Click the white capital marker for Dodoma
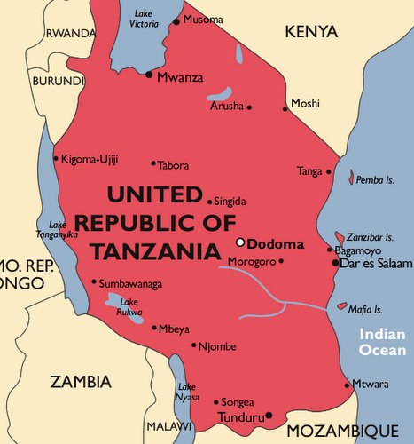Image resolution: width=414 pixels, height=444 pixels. tap(239, 242)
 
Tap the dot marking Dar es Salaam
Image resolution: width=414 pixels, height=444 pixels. tap(335, 263)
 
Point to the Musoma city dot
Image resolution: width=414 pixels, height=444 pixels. tap(176, 21)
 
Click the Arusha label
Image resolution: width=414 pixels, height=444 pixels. tap(226, 107)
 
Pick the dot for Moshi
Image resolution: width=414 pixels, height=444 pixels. tap(285, 109)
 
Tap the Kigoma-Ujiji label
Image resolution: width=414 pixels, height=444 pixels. tap(90, 160)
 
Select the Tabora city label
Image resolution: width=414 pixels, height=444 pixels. tap(173, 165)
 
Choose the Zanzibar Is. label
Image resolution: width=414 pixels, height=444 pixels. tap(371, 238)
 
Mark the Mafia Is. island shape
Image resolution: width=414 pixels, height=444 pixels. tap(342, 306)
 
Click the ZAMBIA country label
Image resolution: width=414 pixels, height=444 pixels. tap(81, 382)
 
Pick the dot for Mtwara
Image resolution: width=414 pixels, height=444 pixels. tap(348, 385)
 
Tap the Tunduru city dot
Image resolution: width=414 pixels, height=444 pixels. tap(269, 415)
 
